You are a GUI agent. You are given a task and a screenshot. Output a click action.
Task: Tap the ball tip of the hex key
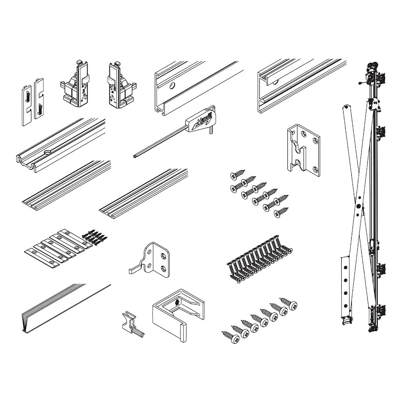pyautogui.click(x=135, y=155)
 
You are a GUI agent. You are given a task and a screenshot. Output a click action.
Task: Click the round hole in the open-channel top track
pyautogui.click(x=172, y=86)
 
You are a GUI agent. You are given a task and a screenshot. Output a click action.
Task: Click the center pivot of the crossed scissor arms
pyautogui.click(x=359, y=205)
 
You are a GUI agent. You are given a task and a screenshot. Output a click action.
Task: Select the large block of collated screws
pyautogui.click(x=259, y=259)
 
